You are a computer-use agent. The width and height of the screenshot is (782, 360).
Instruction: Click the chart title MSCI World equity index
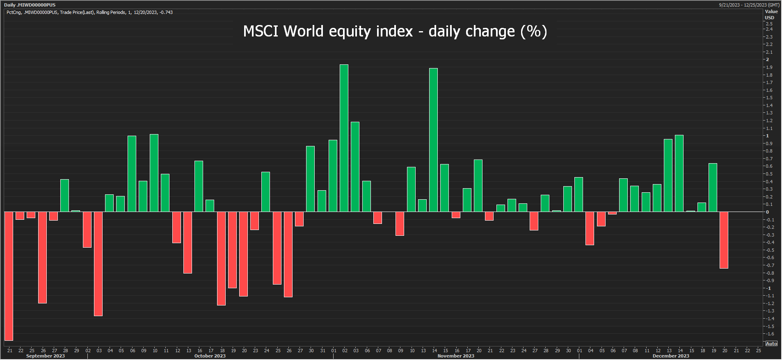point(395,32)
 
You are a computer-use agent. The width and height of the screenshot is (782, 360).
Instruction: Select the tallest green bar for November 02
point(344,138)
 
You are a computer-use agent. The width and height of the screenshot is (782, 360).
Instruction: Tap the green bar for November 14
point(433,140)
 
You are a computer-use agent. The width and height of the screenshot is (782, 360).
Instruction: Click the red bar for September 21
point(9,276)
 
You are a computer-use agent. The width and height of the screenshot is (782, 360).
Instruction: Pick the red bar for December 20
point(724,240)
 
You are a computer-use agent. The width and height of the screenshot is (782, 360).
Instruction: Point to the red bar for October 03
point(98,264)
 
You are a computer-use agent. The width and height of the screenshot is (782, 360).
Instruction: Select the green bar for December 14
point(679,173)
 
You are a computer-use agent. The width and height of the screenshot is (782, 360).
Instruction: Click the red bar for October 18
point(221,258)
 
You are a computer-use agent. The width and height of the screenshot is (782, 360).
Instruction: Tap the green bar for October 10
point(154,173)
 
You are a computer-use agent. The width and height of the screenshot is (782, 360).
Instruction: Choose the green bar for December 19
point(713,187)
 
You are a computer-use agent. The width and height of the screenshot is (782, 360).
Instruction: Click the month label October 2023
point(210,356)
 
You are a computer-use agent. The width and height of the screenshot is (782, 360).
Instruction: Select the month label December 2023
point(671,356)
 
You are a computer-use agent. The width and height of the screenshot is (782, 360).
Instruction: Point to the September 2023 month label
point(45,356)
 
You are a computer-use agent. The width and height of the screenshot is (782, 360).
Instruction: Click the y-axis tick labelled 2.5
point(769,24)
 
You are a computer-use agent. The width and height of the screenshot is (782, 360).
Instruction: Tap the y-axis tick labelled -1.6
point(768,334)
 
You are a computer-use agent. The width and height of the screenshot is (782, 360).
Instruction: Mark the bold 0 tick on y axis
point(768,212)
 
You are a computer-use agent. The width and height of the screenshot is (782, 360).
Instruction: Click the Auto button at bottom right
point(771,344)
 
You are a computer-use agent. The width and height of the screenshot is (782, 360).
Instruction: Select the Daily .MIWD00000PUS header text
point(30,5)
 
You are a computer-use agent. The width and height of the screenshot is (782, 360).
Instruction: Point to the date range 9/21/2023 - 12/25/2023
point(749,5)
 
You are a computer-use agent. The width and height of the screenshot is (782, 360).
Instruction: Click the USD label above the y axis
point(769,18)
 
